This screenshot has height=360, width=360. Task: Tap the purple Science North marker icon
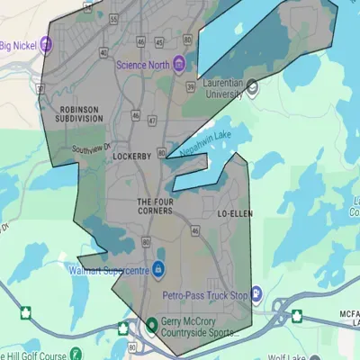pos(178,64)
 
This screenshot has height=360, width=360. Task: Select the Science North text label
pos(143,64)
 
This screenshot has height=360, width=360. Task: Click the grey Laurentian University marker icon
pos(253,87)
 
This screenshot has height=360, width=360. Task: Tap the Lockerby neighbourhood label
pos(136,156)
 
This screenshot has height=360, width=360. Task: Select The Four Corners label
pos(155,206)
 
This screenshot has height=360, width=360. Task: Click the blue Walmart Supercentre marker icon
pos(157,269)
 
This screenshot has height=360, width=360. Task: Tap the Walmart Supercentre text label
pos(108,269)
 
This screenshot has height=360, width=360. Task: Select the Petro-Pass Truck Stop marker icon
pos(256,293)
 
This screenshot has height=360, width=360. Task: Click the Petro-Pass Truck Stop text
pos(212,293)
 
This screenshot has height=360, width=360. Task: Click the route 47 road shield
pos(151,121)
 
